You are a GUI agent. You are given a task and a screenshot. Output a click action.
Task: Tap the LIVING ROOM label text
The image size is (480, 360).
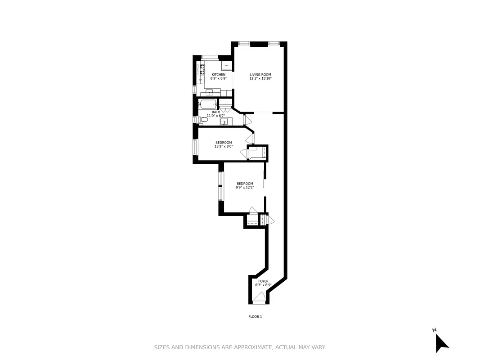coord(260,75)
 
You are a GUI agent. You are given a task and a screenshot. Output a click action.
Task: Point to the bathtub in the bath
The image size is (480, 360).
coord(208,104)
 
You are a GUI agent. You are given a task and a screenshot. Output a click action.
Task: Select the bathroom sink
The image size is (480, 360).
coord(224,121)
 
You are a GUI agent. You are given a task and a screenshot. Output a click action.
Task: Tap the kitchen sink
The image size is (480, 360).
coord(209,93)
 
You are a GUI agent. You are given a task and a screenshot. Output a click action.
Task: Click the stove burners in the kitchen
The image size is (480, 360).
coord(202,70)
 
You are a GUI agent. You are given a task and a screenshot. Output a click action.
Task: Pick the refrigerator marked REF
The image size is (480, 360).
coord(227,66)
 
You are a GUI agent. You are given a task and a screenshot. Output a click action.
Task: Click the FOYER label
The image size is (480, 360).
coord(263,281)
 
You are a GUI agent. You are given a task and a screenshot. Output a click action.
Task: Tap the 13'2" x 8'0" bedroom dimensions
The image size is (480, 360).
coord(224,146)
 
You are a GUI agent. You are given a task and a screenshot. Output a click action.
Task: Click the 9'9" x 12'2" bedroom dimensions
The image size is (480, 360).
coord(245,187)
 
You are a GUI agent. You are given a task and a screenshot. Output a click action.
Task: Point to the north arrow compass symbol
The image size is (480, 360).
coord(440,342)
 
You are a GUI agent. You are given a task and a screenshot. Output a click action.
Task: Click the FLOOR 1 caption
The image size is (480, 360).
coord(255,317)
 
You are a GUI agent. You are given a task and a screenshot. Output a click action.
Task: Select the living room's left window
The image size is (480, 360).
coord(244,44)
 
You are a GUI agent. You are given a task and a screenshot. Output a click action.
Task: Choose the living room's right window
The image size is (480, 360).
coord(274,44)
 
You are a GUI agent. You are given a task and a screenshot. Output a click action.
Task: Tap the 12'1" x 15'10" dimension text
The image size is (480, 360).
coord(260,79)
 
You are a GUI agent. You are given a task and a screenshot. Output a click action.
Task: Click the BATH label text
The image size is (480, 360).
coord(216,112)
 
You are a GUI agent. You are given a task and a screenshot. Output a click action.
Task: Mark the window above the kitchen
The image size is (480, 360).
coord(210,57)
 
